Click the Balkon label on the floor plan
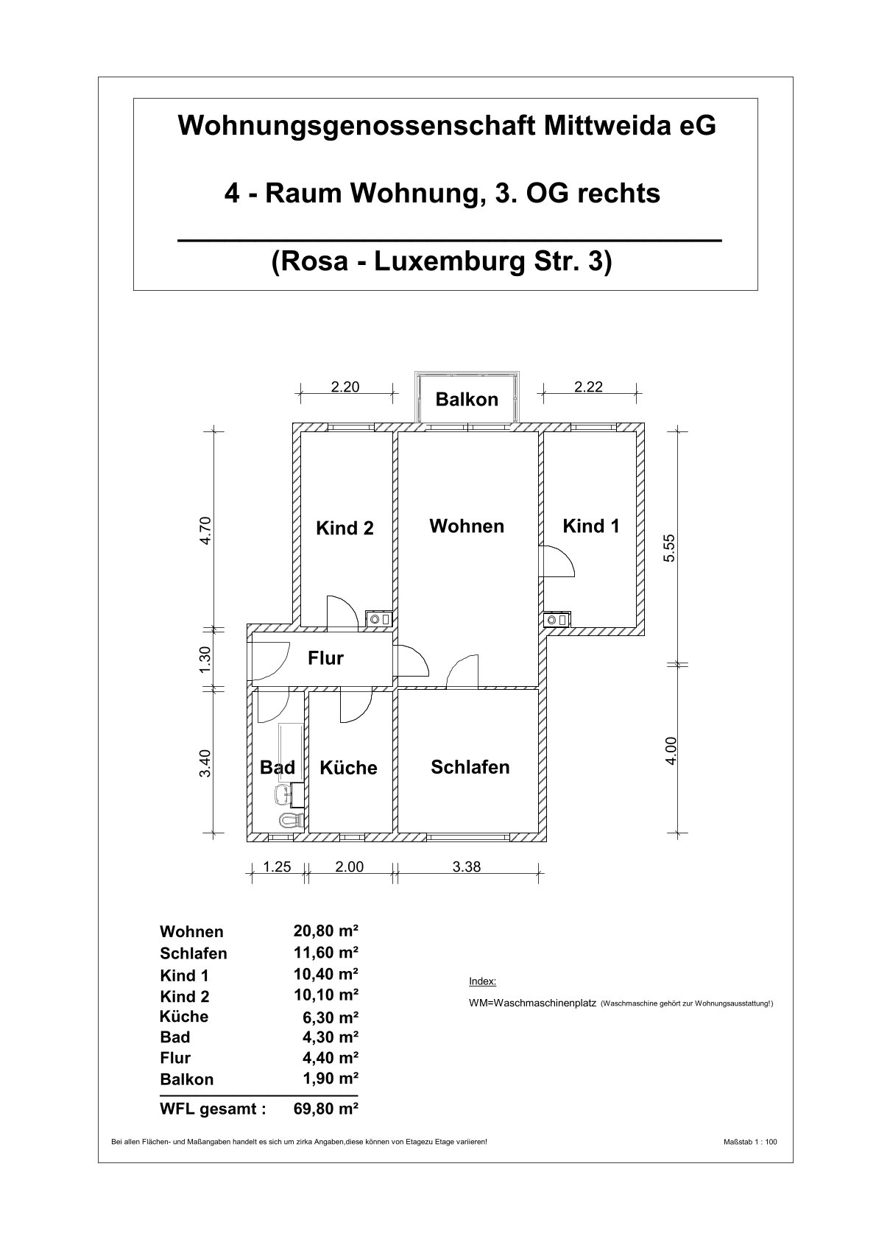[467, 399]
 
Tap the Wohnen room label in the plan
[467, 526]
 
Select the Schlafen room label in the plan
[470, 766]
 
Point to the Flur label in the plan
[325, 657]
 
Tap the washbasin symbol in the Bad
[283, 795]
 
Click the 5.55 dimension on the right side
[669, 548]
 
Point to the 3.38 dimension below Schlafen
[467, 866]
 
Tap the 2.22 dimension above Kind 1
[588, 386]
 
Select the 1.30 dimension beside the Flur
[205, 660]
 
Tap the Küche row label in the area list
[184, 1017]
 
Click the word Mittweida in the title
[604, 126]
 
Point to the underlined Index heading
[482, 981]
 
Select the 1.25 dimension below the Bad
[277, 866]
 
